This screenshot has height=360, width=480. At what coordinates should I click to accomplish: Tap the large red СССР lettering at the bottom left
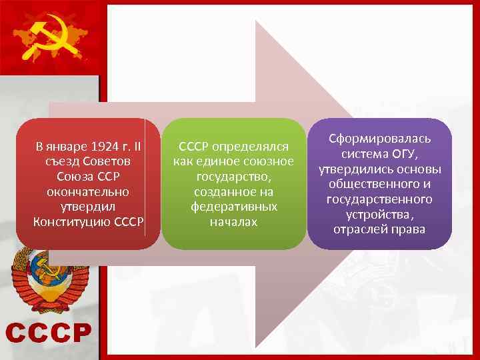coord(49,332)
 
